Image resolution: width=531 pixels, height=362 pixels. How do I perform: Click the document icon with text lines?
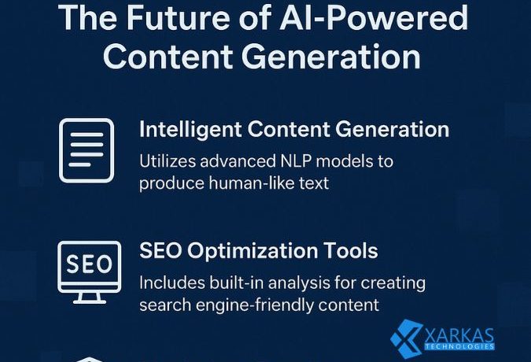87,150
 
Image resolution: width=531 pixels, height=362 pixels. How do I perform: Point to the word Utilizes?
168,162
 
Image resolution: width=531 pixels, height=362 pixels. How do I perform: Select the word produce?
168,183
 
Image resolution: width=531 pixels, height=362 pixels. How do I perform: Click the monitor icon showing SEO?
89,270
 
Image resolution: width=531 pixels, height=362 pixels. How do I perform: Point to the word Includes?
170,283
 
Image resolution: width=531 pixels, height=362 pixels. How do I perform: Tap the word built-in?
231,283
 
